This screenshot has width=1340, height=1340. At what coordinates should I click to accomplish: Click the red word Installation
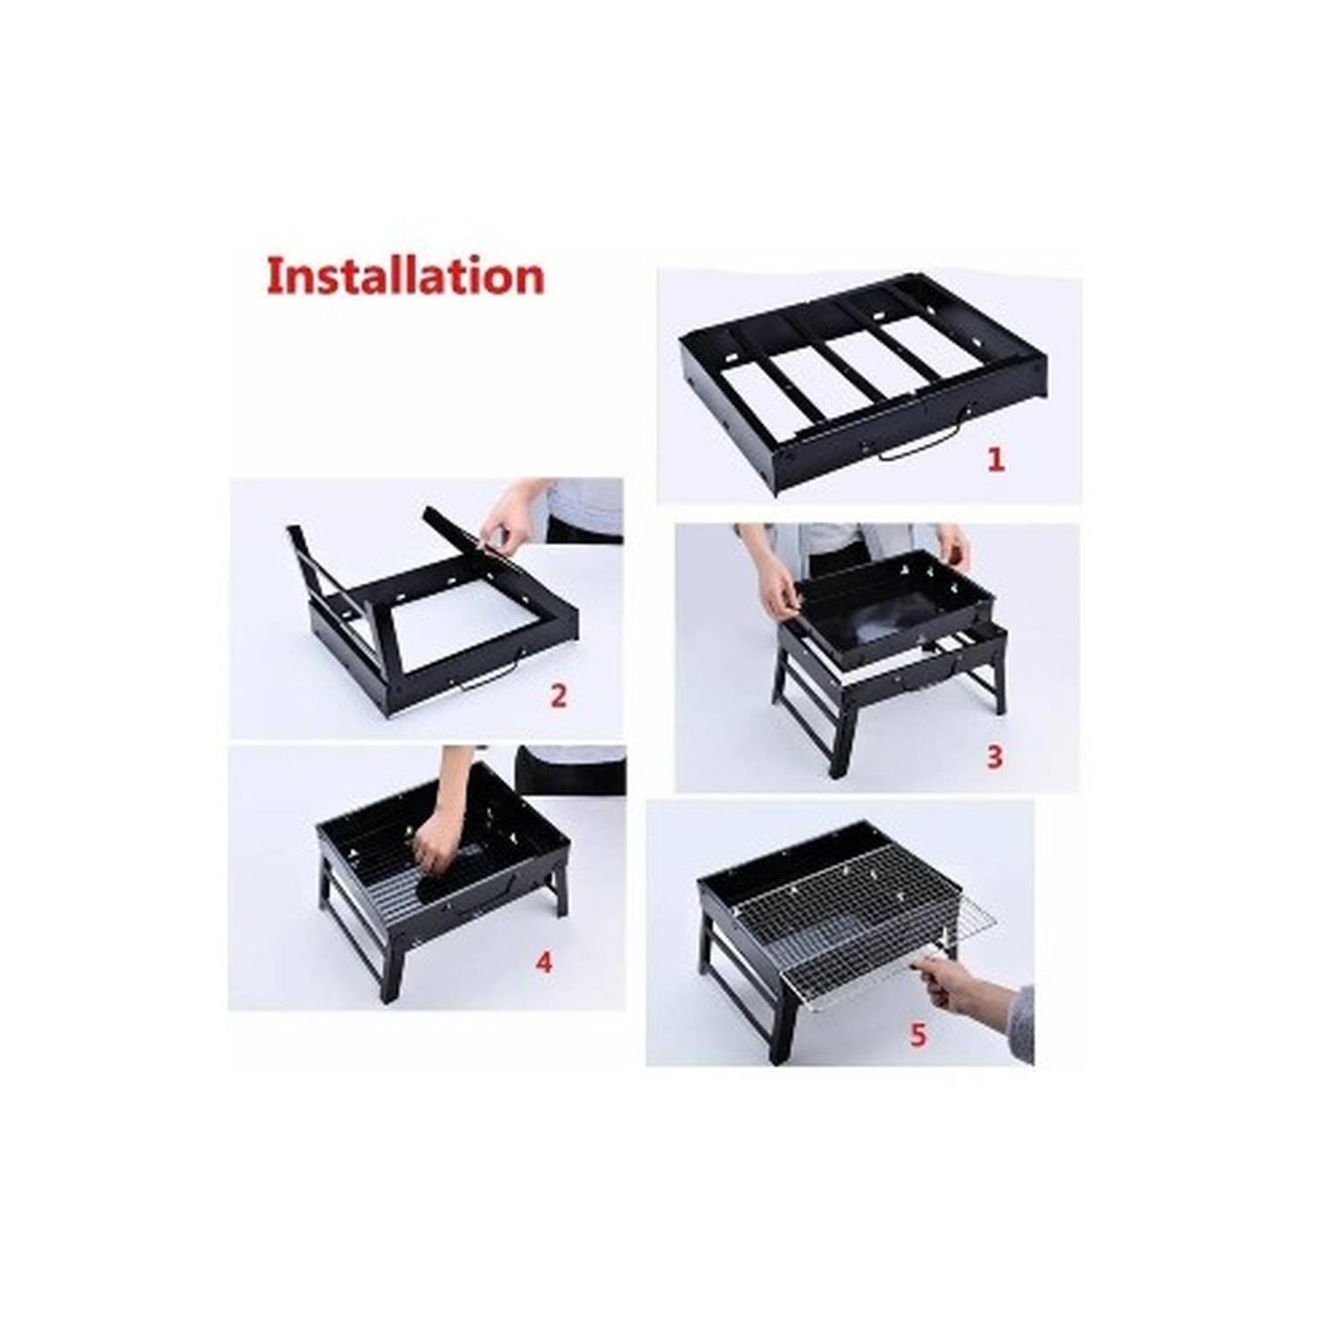tap(406, 276)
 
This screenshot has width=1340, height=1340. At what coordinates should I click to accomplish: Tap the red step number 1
tap(995, 459)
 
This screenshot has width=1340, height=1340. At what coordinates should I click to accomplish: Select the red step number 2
tap(558, 695)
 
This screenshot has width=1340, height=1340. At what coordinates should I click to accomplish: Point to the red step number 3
tap(994, 757)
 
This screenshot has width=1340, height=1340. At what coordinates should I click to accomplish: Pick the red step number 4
tap(544, 962)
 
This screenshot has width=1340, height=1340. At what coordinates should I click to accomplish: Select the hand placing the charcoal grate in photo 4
tap(438, 835)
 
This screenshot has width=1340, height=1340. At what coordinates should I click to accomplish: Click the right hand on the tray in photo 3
tap(953, 547)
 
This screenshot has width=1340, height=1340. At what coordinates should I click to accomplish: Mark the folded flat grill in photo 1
tap(863, 383)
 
